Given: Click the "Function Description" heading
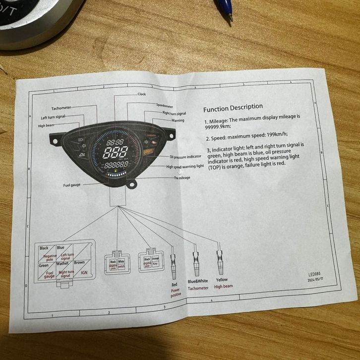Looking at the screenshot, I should [233, 107].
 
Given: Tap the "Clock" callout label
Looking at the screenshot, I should [141, 94].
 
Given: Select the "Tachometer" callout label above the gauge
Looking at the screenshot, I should [61, 108].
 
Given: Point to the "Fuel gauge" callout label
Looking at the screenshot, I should [72, 185].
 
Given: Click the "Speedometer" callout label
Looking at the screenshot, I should [164, 105].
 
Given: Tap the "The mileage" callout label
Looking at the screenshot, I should [182, 177].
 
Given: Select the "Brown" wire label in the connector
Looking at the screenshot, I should [79, 263].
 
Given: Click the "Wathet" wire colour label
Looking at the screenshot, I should [63, 264].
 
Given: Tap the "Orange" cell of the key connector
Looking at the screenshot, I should [155, 259].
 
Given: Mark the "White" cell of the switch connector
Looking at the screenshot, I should [120, 260].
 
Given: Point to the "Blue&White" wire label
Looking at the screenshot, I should [197, 281].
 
